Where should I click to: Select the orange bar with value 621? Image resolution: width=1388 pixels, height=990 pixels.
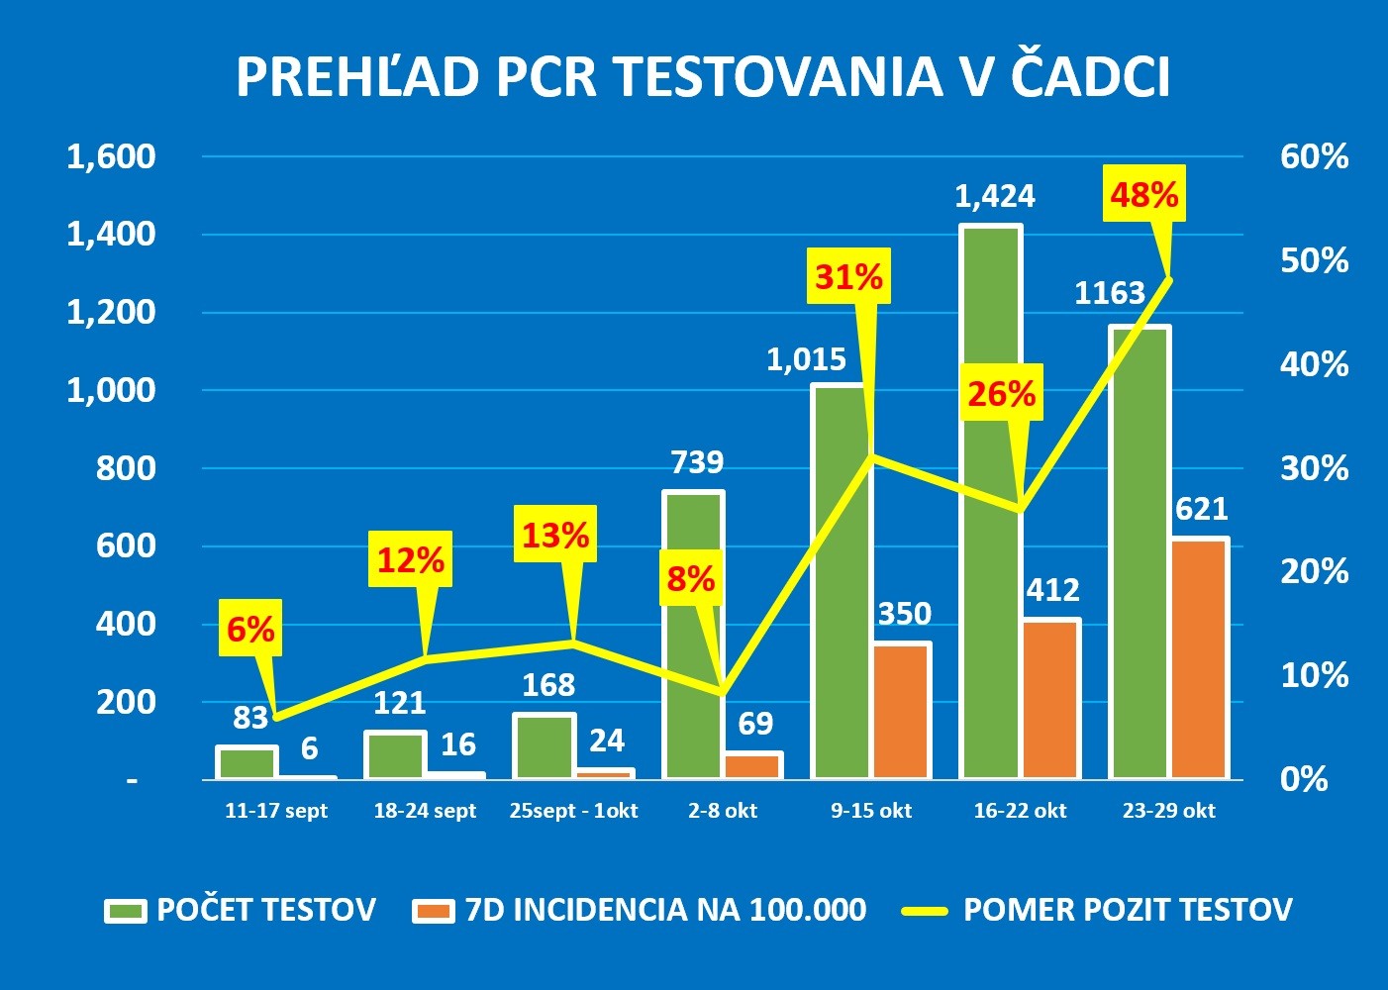pyautogui.click(x=1199, y=658)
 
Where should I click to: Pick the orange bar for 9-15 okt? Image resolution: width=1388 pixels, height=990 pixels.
pyautogui.click(x=902, y=710)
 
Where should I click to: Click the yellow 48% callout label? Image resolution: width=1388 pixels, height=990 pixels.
pyautogui.click(x=1143, y=195)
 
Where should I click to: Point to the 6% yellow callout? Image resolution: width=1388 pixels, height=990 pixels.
pyautogui.click(x=249, y=629)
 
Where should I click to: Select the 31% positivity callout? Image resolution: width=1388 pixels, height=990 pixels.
pyautogui.click(x=848, y=276)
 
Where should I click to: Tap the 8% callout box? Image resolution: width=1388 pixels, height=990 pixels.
pyautogui.click(x=690, y=578)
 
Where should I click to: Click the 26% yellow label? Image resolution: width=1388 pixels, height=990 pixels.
pyautogui.click(x=1001, y=394)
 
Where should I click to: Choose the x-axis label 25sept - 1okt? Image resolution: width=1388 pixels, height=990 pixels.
pyautogui.click(x=573, y=811)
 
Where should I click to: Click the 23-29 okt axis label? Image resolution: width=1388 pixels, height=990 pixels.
pyautogui.click(x=1168, y=811)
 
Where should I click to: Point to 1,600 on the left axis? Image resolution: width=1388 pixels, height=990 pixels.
pyautogui.click(x=111, y=156)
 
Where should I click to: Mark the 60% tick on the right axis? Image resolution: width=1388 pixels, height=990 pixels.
pyautogui.click(x=1314, y=156)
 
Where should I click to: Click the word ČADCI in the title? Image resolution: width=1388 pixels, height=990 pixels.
pyautogui.click(x=1091, y=77)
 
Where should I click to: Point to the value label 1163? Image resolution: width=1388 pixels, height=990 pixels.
pyautogui.click(x=1109, y=293)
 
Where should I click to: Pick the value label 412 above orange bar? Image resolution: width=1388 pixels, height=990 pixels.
pyautogui.click(x=1051, y=590)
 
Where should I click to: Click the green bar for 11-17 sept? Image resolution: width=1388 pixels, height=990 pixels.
pyautogui.click(x=247, y=762)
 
